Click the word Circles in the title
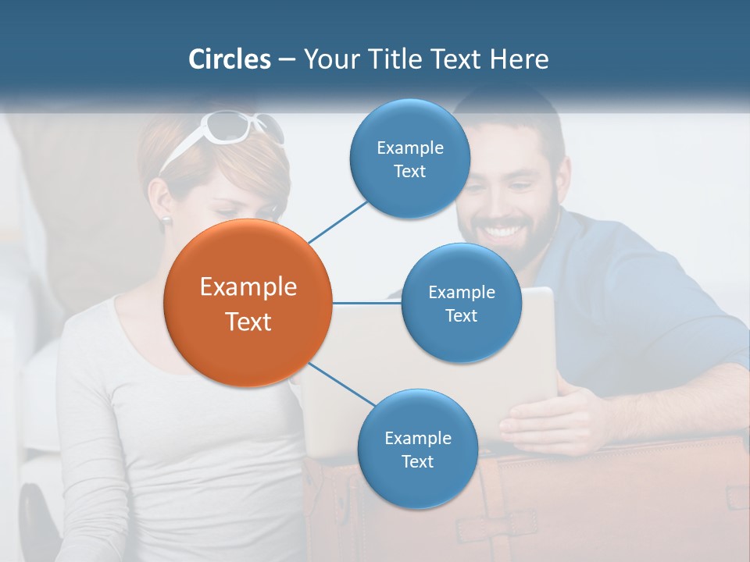click(229, 59)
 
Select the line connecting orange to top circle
click(337, 220)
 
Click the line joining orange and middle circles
click(367, 303)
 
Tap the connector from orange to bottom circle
click(342, 384)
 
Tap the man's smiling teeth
click(506, 232)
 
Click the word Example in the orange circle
click(248, 287)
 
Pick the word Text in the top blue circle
click(409, 172)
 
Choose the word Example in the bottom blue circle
click(417, 439)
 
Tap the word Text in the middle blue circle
click(461, 315)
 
